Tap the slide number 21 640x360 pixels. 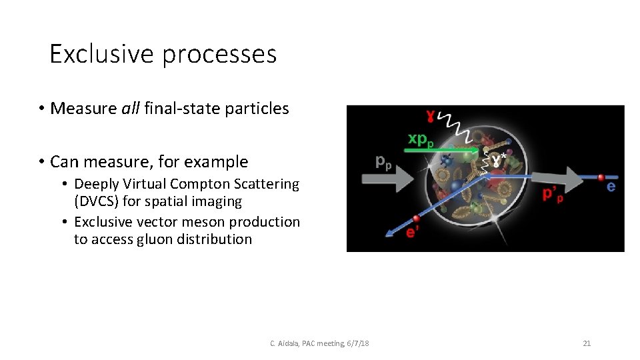pos(587,343)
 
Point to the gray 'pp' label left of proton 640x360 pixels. pos(383,161)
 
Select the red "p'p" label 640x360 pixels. pos(553,195)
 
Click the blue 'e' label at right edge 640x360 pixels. pos(611,187)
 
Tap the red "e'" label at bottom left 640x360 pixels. pos(413,231)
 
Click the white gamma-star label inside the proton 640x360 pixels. pos(497,160)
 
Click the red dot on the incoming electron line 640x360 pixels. pos(601,177)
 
